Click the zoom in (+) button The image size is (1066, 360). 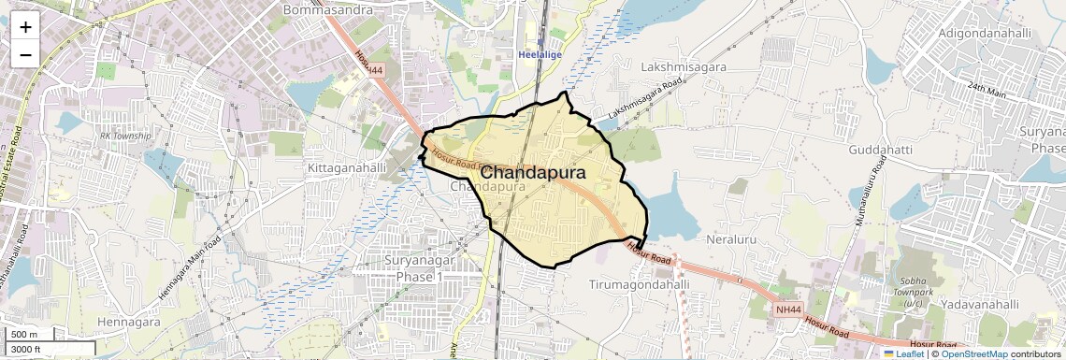[x=25, y=27]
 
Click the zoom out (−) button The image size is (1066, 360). [x=25, y=54]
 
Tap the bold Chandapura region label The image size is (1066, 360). [x=533, y=173]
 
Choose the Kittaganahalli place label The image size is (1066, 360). [x=347, y=167]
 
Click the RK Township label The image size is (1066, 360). [x=125, y=136]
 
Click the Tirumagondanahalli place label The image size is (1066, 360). [x=640, y=283]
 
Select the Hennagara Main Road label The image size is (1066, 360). [x=190, y=267]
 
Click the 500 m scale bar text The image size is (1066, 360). [x=25, y=335]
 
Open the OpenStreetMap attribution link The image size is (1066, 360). [x=973, y=353]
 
